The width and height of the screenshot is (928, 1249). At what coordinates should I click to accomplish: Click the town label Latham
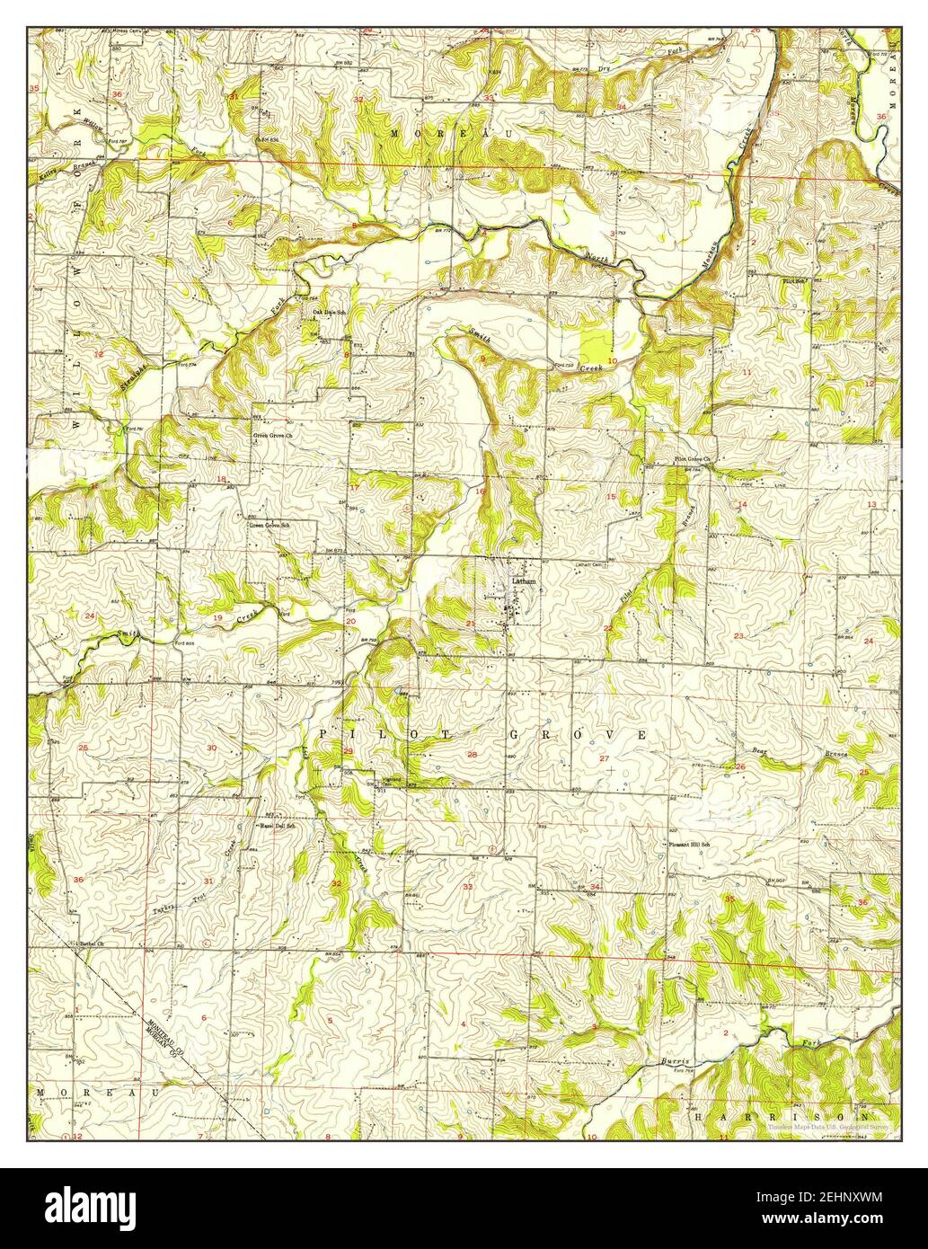coord(523,581)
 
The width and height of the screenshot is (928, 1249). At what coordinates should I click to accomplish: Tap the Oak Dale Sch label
coord(329,312)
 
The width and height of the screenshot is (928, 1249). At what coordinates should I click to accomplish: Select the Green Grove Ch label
coord(270,433)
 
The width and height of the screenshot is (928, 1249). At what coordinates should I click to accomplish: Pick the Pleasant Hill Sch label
coord(689,845)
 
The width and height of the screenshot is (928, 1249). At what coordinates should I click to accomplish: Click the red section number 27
coord(604,759)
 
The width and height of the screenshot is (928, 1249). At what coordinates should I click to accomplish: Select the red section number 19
coord(217,618)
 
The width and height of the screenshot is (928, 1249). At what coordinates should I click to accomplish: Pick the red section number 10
coord(611,360)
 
